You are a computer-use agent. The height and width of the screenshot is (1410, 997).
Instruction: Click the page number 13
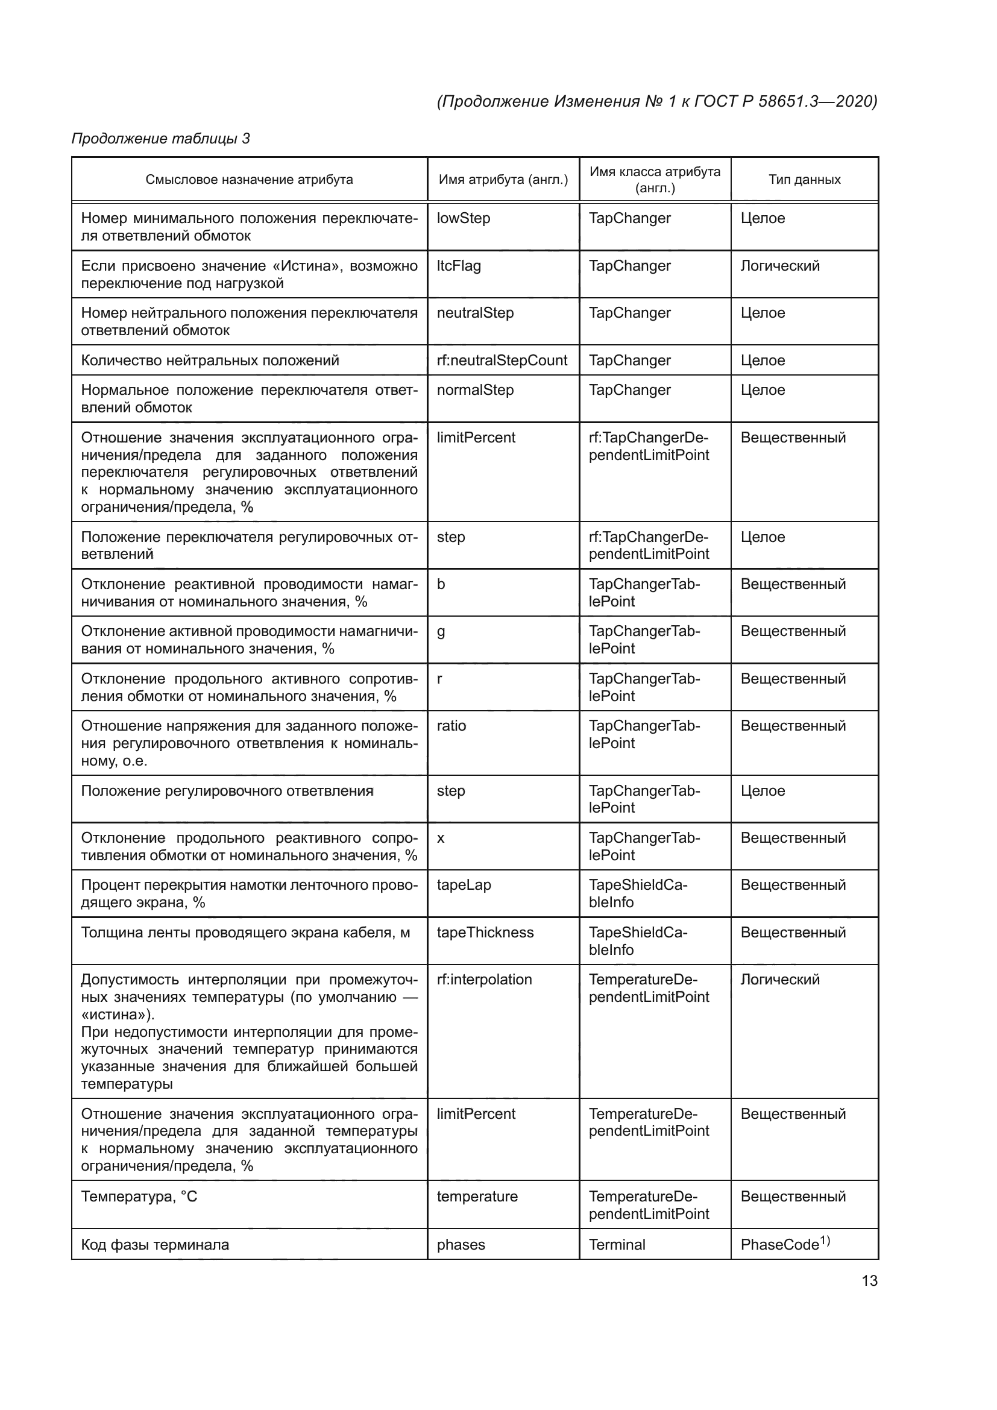pos(869,1280)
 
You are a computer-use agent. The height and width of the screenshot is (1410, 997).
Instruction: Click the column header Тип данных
pos(804,179)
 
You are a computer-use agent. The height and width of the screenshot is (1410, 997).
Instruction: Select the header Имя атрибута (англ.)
pos(503,179)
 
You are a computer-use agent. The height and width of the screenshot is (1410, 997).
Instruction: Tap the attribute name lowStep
pos(464,218)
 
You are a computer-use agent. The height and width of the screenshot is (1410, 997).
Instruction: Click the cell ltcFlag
pos(459,266)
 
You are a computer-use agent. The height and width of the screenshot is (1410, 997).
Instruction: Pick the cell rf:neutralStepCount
pos(502,360)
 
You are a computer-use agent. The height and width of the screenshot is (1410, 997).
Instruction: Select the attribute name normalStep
pos(475,390)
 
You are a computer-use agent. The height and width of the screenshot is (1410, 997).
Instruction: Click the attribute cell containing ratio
pos(451,726)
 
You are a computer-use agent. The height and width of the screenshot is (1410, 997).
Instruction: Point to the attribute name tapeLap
pos(464,885)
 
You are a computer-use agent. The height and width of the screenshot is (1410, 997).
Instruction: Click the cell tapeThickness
pos(485,932)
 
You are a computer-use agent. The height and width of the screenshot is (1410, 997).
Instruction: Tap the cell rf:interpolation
pos(485,980)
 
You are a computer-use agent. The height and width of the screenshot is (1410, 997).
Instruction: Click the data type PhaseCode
pos(784,1244)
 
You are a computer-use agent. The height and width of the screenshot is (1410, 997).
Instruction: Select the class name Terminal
pos(617,1245)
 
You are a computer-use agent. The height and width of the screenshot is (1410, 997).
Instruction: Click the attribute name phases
pos(461,1245)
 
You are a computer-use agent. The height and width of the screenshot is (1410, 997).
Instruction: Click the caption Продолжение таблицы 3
pos(161,138)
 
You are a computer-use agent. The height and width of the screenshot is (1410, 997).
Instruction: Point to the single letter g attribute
pos(441,632)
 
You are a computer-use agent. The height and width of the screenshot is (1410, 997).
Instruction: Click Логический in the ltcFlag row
pos(779,266)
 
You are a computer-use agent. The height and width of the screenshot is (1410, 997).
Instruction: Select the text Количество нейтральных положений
pos(210,360)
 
